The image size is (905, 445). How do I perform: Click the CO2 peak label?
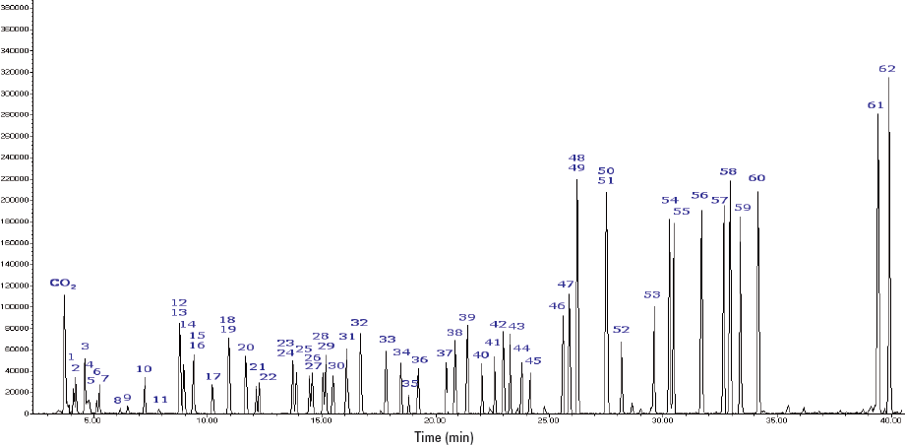point(63,285)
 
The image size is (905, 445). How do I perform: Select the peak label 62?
point(887,69)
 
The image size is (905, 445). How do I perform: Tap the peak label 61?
point(875,105)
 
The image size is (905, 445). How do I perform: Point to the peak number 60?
point(756,178)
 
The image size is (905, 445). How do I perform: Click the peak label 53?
point(652,295)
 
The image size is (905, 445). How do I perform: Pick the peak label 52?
point(621,330)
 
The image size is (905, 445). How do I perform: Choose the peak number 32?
point(359,323)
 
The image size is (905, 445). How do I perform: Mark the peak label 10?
point(144,369)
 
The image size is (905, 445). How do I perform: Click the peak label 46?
point(557,306)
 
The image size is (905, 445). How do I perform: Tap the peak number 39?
point(467,318)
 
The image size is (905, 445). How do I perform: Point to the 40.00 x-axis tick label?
point(889,420)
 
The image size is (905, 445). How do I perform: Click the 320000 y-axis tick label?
point(16,72)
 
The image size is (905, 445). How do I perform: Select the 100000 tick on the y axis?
point(16,306)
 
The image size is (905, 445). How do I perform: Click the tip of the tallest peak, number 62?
point(888,77)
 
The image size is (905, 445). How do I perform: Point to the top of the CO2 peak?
point(64,294)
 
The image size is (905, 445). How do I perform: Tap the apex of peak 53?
point(654,306)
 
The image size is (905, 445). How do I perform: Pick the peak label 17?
point(212,377)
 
